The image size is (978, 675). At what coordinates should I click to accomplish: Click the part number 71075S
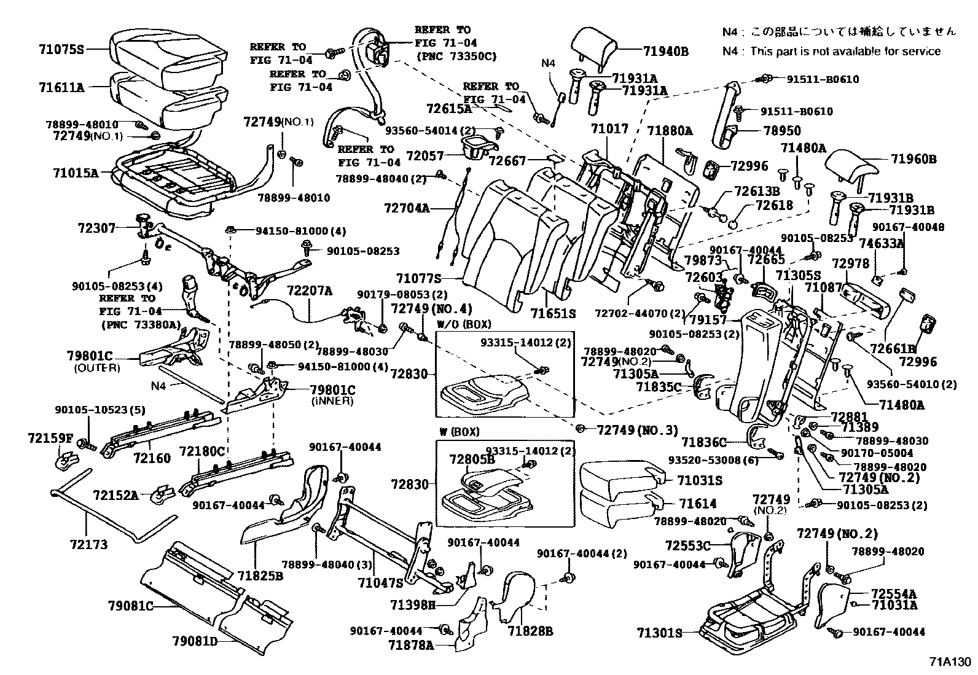point(57,49)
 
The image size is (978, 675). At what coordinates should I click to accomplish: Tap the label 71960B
point(913,160)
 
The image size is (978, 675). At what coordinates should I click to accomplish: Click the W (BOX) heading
point(459,432)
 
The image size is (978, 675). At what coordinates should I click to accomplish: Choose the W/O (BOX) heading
point(464,324)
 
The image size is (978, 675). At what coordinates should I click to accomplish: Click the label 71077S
point(419,279)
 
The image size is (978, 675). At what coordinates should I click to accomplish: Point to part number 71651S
point(553,313)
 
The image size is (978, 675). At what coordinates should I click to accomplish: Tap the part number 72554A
point(894,593)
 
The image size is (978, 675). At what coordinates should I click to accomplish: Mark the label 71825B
point(260,576)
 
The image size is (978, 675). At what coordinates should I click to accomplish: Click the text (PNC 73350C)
point(456,57)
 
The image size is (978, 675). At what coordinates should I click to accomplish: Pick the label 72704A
point(407,208)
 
